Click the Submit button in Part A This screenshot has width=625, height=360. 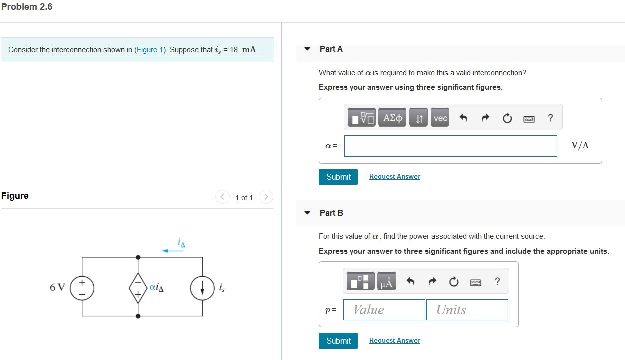[338, 177]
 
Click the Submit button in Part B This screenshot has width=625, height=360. [338, 341]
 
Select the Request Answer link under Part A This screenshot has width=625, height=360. [394, 177]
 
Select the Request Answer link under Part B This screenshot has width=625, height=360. [394, 341]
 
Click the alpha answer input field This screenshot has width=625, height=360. [450, 146]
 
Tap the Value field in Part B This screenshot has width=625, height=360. [384, 310]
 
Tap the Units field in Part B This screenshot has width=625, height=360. [467, 310]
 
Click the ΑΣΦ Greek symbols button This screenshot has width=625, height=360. [393, 118]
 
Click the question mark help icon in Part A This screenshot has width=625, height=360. [550, 118]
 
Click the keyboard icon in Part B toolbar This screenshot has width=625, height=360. [475, 283]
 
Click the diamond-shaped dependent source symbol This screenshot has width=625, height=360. [138, 288]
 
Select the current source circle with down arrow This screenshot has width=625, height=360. [202, 288]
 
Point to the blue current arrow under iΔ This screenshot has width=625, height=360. [173, 251]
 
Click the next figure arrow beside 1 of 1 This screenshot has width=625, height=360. [267, 197]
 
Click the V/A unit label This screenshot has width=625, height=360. [580, 146]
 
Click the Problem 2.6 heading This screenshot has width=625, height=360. [27, 7]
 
